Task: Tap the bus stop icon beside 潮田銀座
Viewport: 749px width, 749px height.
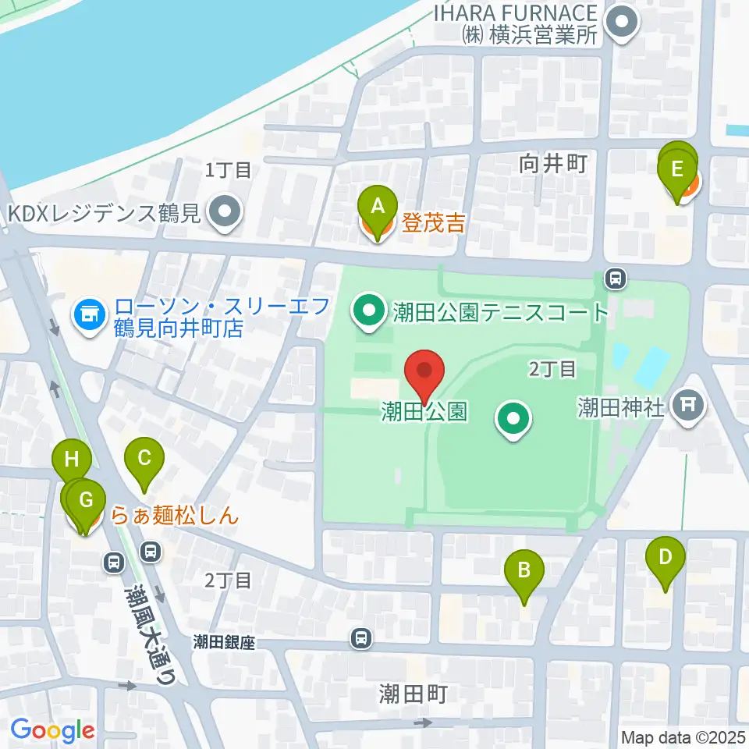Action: (x=360, y=638)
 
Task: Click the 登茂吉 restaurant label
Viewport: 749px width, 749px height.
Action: (x=434, y=225)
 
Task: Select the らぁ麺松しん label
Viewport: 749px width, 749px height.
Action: (x=174, y=516)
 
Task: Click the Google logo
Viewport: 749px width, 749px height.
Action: (x=52, y=730)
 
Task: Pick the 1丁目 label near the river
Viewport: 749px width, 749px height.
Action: (x=228, y=169)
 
